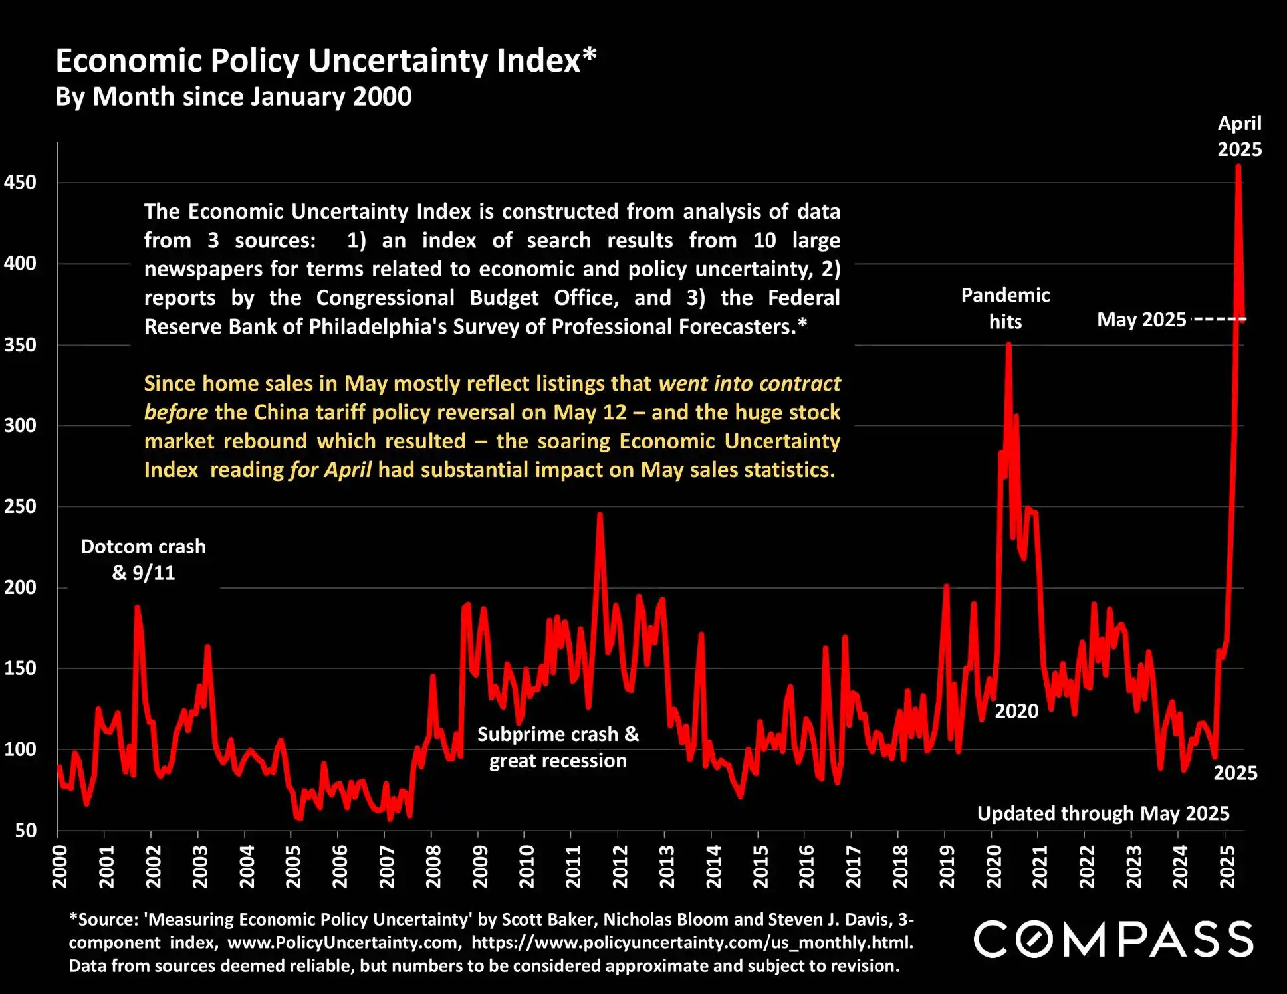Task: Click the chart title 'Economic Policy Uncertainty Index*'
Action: (x=326, y=61)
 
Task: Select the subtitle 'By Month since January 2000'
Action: (x=233, y=97)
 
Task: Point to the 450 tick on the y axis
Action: (x=20, y=183)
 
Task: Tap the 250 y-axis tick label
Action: (x=20, y=506)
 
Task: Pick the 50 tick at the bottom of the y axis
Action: (x=25, y=830)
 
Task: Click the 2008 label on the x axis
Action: (x=433, y=866)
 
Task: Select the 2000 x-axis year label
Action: (x=60, y=866)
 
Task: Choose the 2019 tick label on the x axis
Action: (x=947, y=866)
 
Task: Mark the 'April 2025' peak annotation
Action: (x=1239, y=136)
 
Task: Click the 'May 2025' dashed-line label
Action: (x=1141, y=320)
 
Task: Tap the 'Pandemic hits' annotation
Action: (x=1005, y=308)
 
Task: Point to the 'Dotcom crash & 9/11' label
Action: (x=144, y=559)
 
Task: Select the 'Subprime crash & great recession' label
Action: (x=558, y=747)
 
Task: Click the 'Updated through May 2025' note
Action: (x=1103, y=813)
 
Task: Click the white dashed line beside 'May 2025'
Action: (x=1219, y=320)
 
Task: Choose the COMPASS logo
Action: (x=1113, y=939)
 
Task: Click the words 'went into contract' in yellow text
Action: (x=749, y=383)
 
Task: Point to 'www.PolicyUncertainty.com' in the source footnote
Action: (x=344, y=943)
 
